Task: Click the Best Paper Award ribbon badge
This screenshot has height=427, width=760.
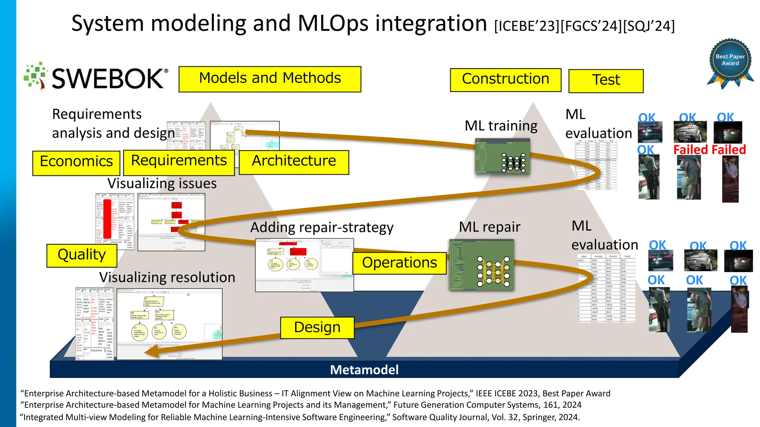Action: click(x=730, y=61)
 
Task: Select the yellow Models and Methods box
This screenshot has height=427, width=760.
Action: click(x=270, y=79)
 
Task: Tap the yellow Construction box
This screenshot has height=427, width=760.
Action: click(x=505, y=80)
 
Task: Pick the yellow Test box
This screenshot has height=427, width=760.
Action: click(x=606, y=81)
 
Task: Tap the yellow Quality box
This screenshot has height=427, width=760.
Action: click(x=82, y=255)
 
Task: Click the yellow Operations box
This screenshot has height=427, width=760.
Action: click(x=399, y=263)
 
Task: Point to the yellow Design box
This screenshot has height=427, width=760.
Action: click(x=317, y=328)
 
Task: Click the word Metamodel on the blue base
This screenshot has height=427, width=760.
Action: click(x=364, y=370)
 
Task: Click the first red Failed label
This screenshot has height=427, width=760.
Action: click(x=691, y=150)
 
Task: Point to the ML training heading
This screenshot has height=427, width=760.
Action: click(x=501, y=126)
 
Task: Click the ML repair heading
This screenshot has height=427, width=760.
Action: click(x=489, y=227)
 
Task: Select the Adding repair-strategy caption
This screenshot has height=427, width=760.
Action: click(x=322, y=227)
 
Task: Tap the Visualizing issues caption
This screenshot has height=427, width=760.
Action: click(x=162, y=183)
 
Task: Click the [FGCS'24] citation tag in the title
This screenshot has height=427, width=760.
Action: click(x=591, y=26)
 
